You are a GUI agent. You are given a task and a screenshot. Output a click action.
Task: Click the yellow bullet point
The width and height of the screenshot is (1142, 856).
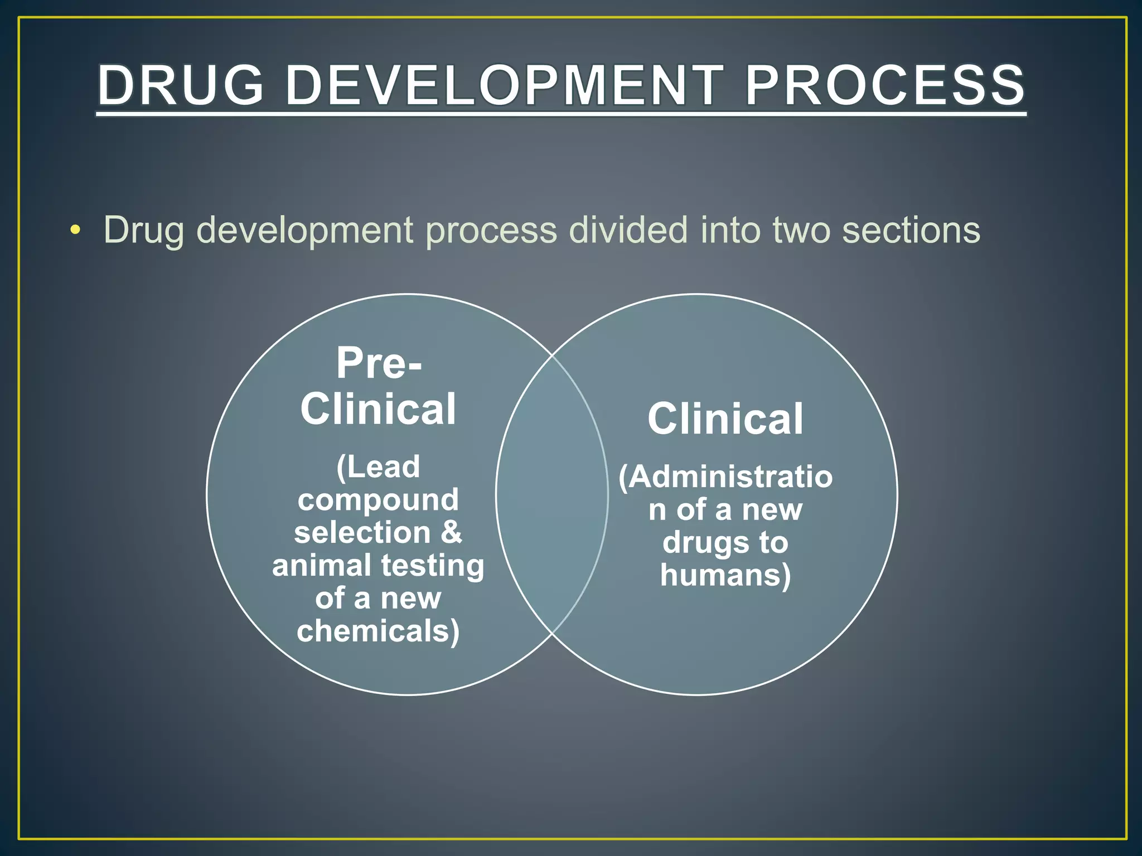pos(75,230)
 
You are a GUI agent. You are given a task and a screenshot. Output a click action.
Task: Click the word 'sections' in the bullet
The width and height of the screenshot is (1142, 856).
pos(911,230)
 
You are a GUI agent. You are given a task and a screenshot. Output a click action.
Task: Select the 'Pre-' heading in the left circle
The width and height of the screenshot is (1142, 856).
pos(379,363)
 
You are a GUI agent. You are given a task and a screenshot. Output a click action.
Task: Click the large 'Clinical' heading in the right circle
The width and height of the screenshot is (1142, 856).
pos(725,419)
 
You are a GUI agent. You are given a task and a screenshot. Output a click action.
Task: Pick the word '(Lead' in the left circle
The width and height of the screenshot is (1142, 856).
pos(378,466)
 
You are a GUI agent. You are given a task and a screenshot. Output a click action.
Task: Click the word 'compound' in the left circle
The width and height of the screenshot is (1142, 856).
pos(378,499)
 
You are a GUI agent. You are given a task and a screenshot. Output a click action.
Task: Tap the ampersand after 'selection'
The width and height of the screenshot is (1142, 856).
pos(451,532)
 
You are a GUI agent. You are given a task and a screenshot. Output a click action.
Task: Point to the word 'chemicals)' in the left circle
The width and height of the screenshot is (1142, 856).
pos(378,631)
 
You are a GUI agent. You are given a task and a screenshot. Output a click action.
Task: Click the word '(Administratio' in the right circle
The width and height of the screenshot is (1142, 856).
pos(725,477)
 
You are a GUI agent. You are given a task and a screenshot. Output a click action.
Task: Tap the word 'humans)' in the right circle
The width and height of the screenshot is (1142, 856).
pos(725,575)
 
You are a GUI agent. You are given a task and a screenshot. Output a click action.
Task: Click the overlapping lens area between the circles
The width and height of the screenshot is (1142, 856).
pos(552,494)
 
